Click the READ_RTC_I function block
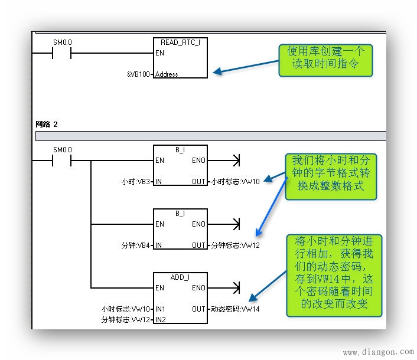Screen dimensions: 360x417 click(x=180, y=58)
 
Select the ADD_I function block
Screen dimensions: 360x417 click(x=180, y=297)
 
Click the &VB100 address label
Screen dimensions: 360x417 click(x=139, y=74)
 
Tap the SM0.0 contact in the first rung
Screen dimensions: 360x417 click(x=61, y=53)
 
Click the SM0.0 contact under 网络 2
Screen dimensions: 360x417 click(x=61, y=160)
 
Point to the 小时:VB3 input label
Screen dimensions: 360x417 click(x=136, y=181)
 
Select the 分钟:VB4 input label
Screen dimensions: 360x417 click(x=136, y=245)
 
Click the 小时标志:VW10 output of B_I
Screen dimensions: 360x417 click(x=236, y=181)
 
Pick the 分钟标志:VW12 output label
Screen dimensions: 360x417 click(x=235, y=245)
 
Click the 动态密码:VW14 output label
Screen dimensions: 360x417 click(x=235, y=309)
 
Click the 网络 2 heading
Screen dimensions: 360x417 click(x=47, y=124)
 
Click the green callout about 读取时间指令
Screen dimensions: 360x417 click(x=326, y=60)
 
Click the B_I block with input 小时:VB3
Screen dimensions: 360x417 click(x=180, y=165)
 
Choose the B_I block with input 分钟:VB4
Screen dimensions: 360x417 click(x=180, y=229)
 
